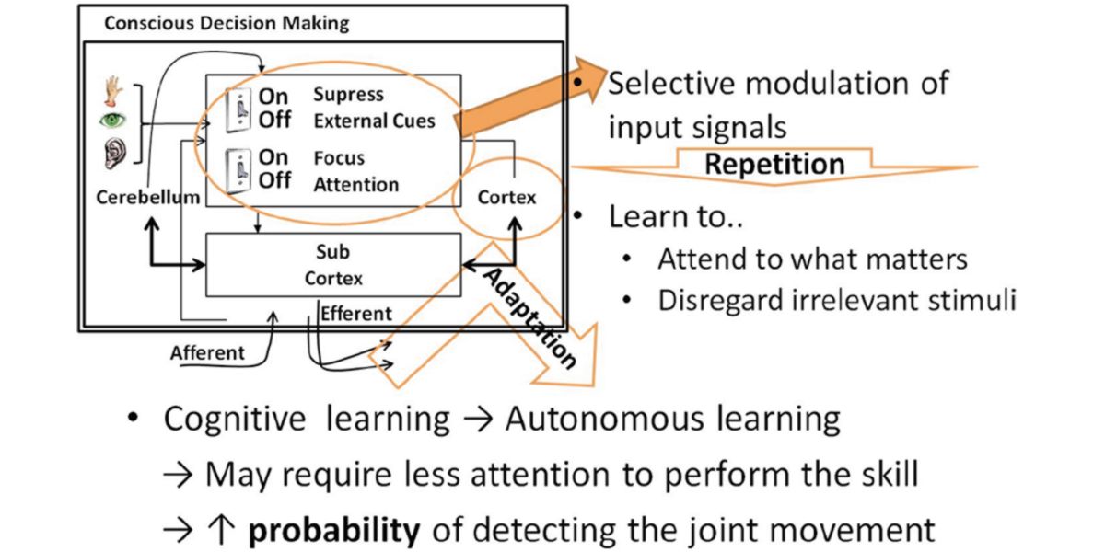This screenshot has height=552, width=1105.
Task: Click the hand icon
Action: pos(113,91)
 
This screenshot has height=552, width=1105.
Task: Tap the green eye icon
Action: pos(112,121)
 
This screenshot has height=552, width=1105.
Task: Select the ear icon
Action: pos(112,152)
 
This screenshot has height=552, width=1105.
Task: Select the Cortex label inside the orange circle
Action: pos(506,197)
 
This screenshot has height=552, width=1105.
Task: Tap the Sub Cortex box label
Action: pos(332,265)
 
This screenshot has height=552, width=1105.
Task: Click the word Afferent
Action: pos(207,352)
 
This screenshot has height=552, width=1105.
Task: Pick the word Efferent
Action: pos(355,314)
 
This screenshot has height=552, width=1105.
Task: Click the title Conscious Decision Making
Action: pos(227,23)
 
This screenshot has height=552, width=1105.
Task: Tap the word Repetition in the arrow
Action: pos(774,165)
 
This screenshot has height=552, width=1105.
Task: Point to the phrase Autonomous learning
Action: pos(672,420)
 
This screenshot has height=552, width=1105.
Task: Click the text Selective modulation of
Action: pos(778,84)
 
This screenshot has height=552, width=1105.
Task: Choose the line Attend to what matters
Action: pos(812,259)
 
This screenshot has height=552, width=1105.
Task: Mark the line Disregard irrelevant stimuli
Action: pos(837,301)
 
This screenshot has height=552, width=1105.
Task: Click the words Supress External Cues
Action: pos(374,108)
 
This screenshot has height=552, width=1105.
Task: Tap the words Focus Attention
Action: pos(356,170)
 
